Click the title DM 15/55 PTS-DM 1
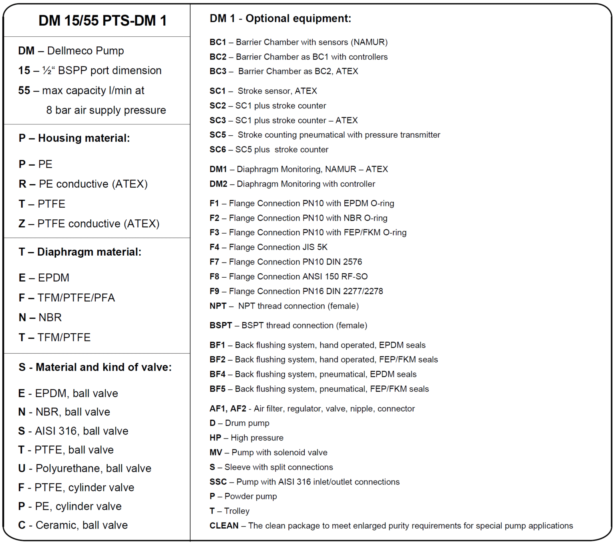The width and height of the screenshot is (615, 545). tap(102, 21)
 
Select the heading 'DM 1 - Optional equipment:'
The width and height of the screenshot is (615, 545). tap(280, 18)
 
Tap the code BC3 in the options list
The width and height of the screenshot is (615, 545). tap(218, 71)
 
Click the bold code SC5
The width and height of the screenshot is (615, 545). tap(218, 135)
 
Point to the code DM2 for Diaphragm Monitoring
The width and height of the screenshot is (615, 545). tap(218, 184)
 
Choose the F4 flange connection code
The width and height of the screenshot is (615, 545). tap(214, 247)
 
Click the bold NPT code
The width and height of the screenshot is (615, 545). tap(218, 306)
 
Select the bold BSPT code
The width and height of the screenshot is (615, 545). tap(221, 325)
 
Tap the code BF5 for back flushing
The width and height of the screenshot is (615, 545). tap(217, 389)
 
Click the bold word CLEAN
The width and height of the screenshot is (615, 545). tap(224, 526)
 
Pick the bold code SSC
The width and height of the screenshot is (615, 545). tap(218, 482)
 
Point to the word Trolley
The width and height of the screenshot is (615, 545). tap(237, 511)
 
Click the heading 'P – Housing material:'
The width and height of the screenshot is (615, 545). tap(74, 138)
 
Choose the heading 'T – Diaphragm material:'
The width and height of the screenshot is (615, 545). tap(80, 252)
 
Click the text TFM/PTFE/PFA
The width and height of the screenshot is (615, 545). tap(76, 298)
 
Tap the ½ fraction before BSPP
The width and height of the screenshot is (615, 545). tap(47, 71)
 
